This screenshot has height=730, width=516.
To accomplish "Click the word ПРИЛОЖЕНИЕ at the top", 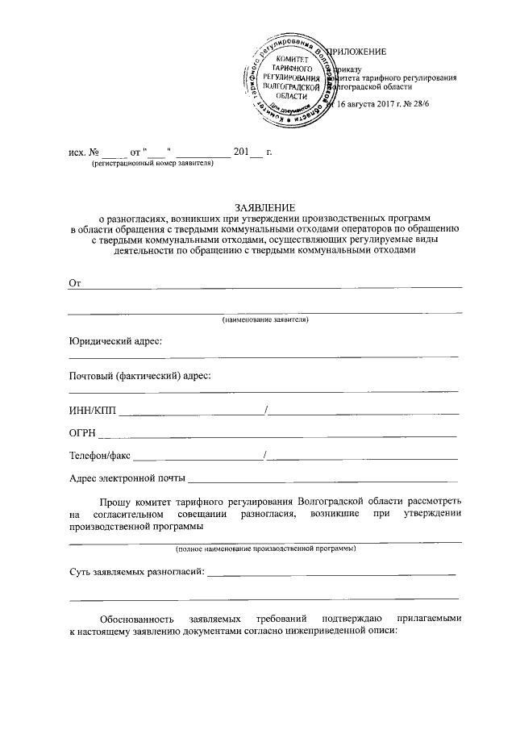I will [x=360, y=52].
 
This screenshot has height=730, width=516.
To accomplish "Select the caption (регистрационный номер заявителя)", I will [x=152, y=163].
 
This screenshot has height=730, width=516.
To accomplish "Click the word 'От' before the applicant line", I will [x=77, y=282].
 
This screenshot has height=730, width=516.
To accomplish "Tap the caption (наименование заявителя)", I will [x=265, y=320].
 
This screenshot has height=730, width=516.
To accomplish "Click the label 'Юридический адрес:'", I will [x=116, y=342].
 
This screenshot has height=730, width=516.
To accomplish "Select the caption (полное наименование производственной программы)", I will [x=265, y=549].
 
